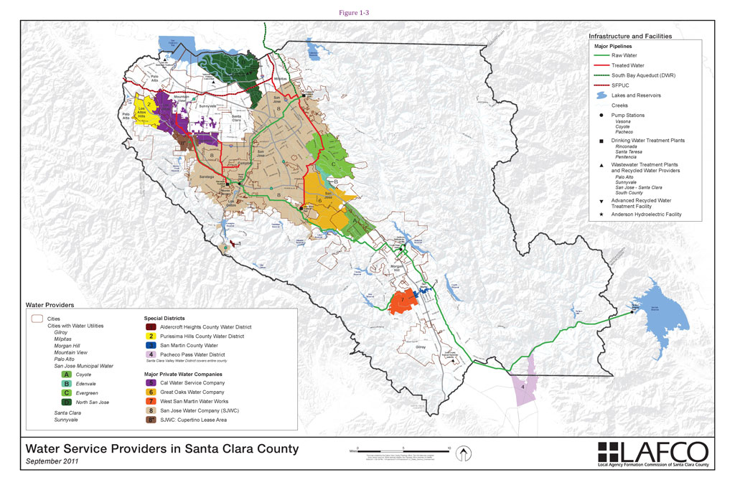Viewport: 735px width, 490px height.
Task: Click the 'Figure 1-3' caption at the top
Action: [367, 12]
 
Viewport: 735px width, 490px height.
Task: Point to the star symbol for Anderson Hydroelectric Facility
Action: [597, 215]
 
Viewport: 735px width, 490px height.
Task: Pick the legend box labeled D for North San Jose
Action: [66, 402]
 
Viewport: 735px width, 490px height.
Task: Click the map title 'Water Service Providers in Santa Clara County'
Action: [162, 449]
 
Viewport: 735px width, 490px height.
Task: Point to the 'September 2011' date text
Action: [52, 463]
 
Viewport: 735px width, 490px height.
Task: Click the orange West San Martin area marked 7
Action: [404, 301]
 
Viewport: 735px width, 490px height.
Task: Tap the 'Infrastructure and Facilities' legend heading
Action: [630, 36]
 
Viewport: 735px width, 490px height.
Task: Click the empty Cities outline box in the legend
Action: [35, 318]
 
